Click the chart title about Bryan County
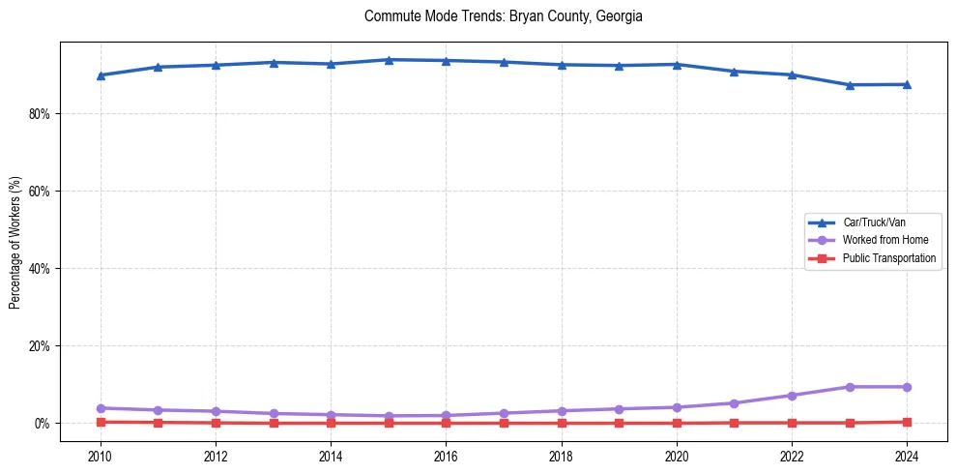pyautogui.click(x=503, y=16)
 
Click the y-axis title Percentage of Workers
pyautogui.click(x=14, y=242)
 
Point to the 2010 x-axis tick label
pyautogui.click(x=101, y=455)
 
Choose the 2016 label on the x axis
pyautogui.click(x=446, y=455)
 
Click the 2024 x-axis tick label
pyautogui.click(x=907, y=455)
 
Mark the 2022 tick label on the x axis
pyautogui.click(x=792, y=455)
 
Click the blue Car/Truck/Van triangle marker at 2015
pyautogui.click(x=389, y=60)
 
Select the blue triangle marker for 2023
pyautogui.click(x=850, y=85)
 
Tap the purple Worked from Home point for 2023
pyautogui.click(x=850, y=387)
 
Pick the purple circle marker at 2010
pyautogui.click(x=101, y=408)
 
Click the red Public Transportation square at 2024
pyautogui.click(x=907, y=422)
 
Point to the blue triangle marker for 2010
pyautogui.click(x=101, y=75)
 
